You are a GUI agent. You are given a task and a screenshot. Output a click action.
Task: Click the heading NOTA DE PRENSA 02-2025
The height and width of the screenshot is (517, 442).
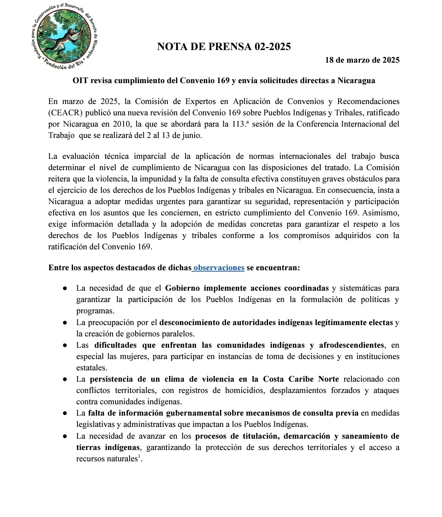[224, 47]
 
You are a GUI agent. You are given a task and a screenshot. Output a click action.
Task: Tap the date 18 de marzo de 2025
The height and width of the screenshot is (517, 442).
[362, 60]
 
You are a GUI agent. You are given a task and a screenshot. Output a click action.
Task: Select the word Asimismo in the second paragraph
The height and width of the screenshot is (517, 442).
[383, 213]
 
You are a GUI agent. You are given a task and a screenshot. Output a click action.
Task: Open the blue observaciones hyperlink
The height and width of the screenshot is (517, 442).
[219, 268]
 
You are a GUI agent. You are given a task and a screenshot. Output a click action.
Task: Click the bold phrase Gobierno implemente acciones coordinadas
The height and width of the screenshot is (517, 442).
[247, 288]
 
